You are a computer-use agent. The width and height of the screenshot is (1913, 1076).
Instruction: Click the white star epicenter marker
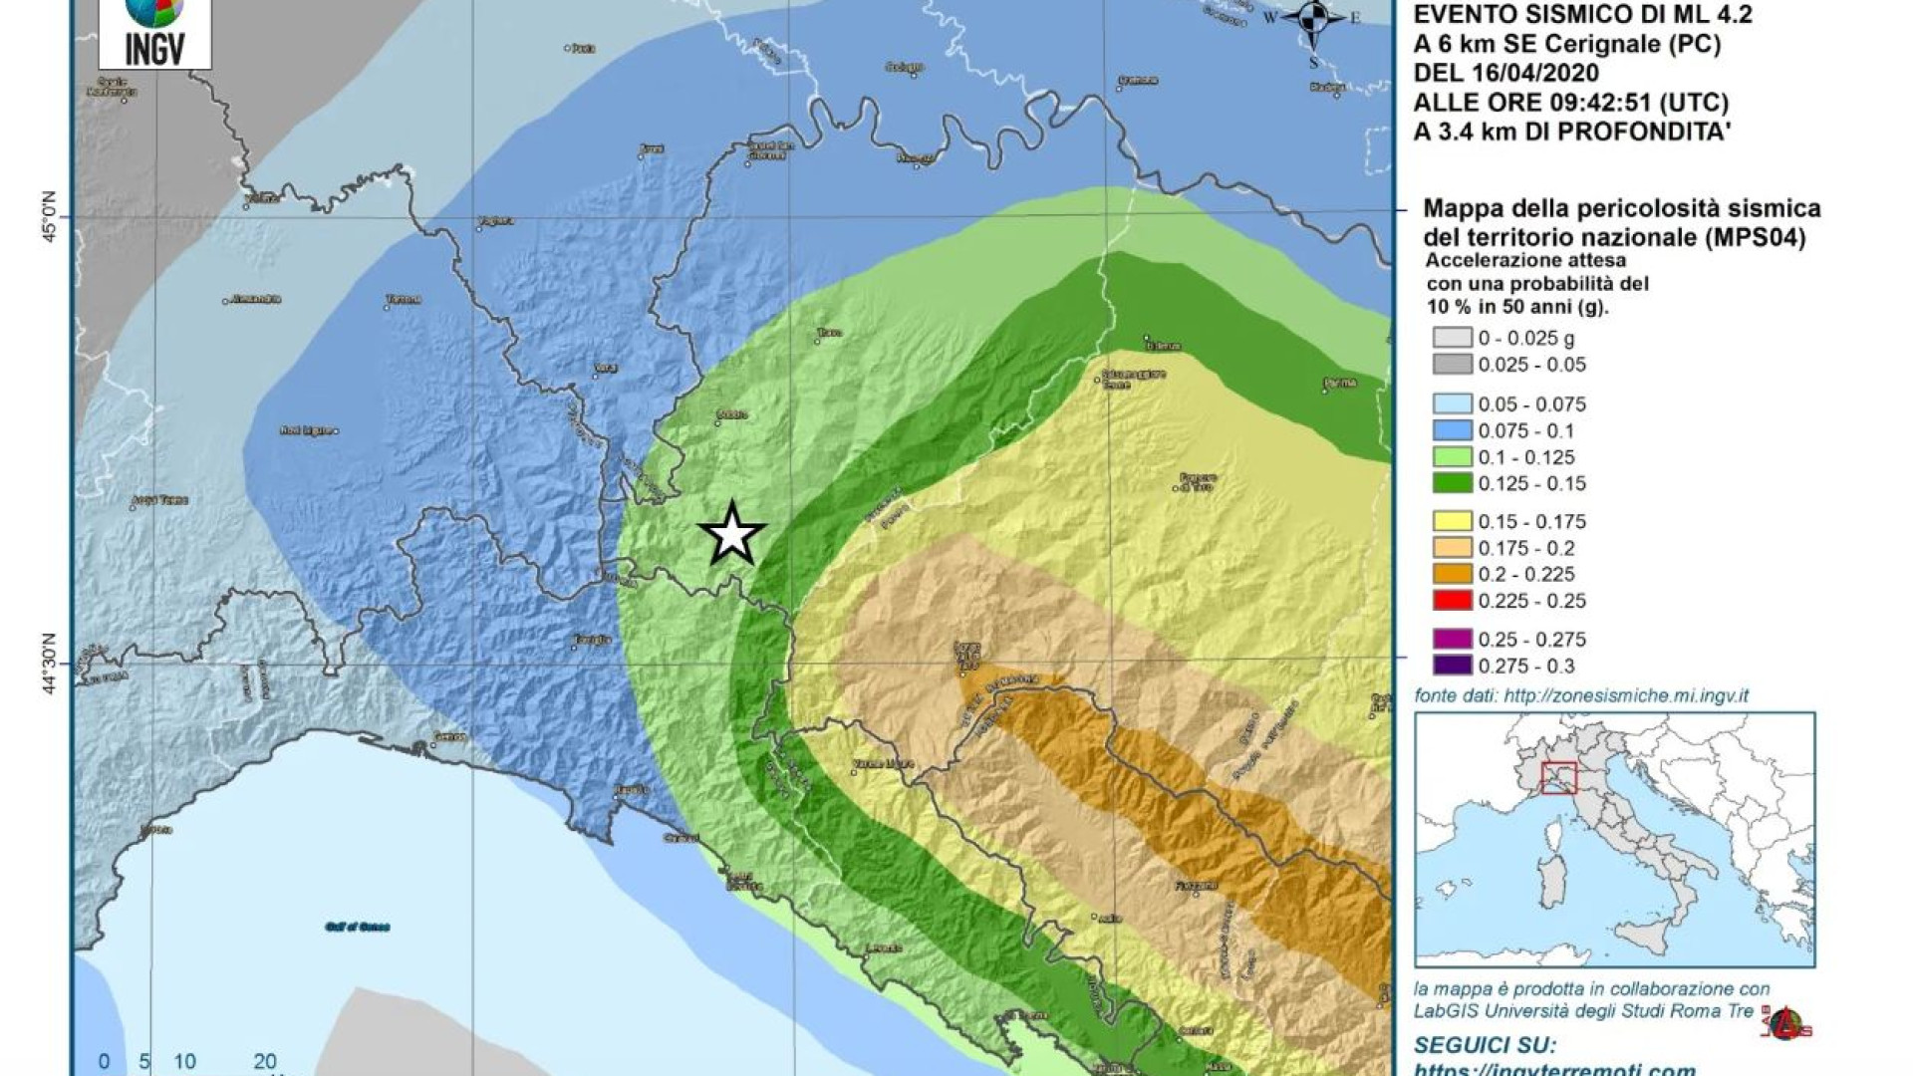[732, 534]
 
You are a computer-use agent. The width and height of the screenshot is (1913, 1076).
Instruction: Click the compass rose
[1314, 17]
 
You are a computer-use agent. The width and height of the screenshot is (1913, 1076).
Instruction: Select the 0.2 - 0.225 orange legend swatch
[1452, 575]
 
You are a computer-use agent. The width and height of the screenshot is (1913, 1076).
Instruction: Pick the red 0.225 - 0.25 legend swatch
[1452, 601]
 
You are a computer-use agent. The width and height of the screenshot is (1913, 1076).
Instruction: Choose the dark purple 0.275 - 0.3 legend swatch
[1452, 666]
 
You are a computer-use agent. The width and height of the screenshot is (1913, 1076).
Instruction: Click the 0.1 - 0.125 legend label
[1526, 457]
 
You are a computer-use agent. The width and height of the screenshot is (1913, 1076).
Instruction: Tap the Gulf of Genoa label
[357, 927]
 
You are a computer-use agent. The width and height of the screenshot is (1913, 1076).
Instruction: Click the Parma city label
[1341, 383]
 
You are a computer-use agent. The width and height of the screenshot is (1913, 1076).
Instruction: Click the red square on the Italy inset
[1558, 778]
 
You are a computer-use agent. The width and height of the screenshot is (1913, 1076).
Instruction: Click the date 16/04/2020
[1519, 73]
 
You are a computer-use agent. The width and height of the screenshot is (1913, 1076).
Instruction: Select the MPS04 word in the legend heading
[1755, 238]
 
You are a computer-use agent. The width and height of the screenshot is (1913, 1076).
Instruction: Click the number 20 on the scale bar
[264, 1062]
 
